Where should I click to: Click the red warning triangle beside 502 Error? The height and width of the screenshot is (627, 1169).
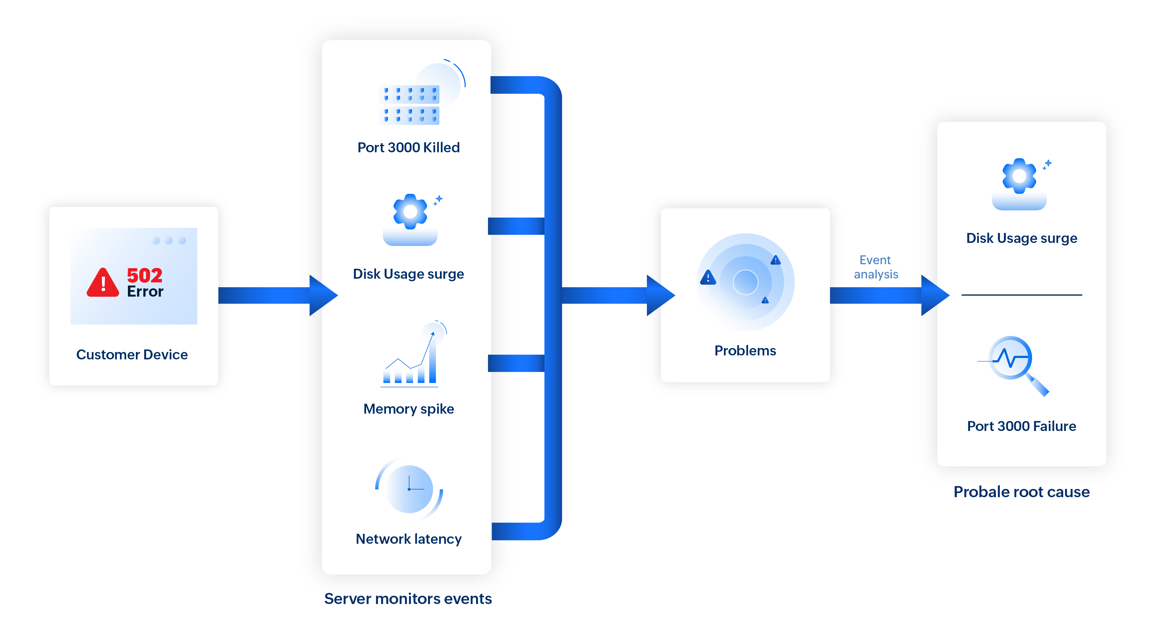click(103, 283)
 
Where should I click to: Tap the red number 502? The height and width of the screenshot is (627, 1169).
click(144, 275)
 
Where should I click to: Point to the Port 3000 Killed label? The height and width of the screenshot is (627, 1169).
click(408, 147)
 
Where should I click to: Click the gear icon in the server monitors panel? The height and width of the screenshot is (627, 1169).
click(410, 212)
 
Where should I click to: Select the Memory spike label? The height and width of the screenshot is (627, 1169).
click(408, 409)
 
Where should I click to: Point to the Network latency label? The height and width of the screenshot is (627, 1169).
click(408, 539)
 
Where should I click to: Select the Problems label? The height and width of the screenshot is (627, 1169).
click(745, 350)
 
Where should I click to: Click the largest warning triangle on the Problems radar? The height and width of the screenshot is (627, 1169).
click(708, 277)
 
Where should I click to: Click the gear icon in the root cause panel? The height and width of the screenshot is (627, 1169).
click(1019, 176)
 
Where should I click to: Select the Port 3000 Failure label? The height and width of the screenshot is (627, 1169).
click(1021, 426)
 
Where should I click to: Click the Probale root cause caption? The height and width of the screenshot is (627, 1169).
click(1021, 492)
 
